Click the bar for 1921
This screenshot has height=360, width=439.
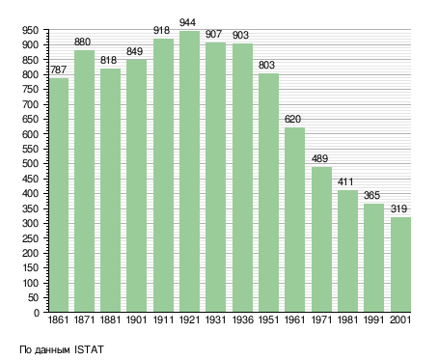(189, 172)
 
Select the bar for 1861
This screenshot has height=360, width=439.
(59, 195)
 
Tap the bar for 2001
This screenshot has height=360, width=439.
(400, 264)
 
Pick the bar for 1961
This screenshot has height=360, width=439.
(294, 220)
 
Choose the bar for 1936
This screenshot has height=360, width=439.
(242, 178)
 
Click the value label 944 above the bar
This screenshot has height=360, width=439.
(187, 23)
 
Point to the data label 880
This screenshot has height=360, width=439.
(82, 42)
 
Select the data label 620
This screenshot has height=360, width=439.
(292, 120)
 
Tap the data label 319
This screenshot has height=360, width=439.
(398, 208)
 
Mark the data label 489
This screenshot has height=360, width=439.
(319, 158)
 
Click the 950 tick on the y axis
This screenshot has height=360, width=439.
(30, 31)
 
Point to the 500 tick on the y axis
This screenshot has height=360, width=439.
(30, 164)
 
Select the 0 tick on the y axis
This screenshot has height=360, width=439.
(37, 313)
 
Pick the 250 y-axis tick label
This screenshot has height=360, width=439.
(30, 238)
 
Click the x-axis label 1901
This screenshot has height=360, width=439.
(136, 320)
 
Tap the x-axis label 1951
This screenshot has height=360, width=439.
(268, 320)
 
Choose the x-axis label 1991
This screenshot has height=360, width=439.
(373, 320)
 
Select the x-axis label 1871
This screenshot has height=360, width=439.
(84, 320)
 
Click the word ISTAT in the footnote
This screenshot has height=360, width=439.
(89, 349)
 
